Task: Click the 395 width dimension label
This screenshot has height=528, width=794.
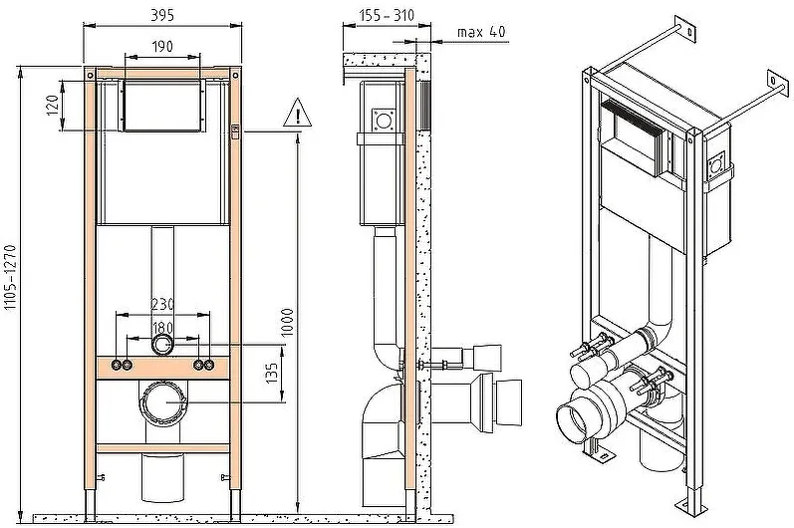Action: pos(162,15)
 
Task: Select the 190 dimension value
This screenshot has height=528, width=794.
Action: pos(162,47)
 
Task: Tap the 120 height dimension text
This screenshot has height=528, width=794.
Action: pos(54,106)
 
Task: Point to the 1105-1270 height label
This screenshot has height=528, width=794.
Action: pos(11,277)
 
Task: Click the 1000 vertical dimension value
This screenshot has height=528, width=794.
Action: pos(287,322)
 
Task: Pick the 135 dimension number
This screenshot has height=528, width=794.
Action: pos(272,373)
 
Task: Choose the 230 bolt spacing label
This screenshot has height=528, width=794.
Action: pos(162,304)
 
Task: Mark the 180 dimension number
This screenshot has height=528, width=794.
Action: pos(162,328)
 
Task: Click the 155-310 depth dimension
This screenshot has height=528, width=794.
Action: pos(387,15)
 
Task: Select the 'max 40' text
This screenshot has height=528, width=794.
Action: pos(481,32)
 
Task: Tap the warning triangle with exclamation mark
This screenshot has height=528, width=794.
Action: pos(297,113)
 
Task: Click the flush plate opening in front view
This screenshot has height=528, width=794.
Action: pos(162,106)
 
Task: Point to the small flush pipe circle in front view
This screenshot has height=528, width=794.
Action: pos(162,346)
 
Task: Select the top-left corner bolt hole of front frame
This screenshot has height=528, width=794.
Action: pos(90,75)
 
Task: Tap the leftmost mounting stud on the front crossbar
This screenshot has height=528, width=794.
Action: pos(117,365)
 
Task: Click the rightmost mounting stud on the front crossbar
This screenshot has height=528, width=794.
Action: pos(208,365)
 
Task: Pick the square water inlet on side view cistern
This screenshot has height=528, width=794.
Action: pos(384,121)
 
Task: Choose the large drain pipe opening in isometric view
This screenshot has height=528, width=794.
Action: pos(572,423)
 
